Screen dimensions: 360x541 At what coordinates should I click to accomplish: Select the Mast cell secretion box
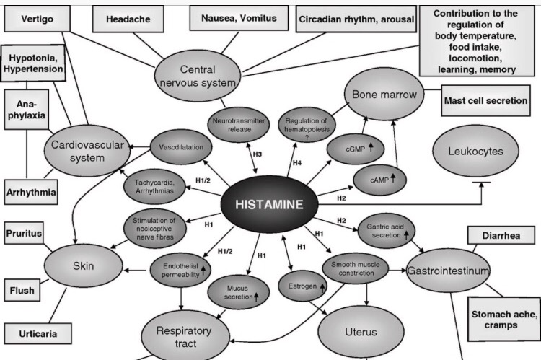[x=485, y=100]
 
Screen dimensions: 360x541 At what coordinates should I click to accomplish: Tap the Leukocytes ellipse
[x=476, y=152]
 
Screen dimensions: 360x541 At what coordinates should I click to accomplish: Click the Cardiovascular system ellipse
[x=84, y=149]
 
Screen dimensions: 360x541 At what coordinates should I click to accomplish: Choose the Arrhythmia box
[x=31, y=193]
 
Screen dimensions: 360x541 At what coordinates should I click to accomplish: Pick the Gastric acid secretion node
[x=384, y=228]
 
